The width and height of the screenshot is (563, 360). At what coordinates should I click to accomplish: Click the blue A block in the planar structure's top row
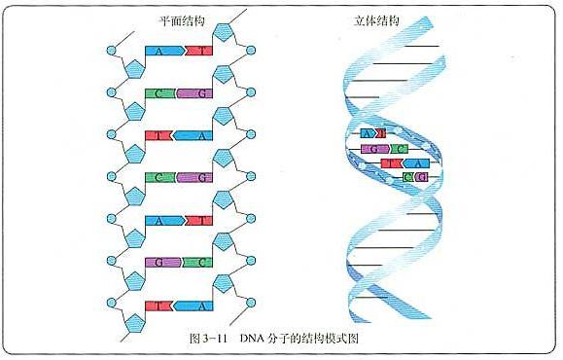(159, 52)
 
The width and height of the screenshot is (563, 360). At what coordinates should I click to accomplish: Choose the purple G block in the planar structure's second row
(198, 93)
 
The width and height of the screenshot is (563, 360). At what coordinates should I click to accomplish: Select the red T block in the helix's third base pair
(391, 163)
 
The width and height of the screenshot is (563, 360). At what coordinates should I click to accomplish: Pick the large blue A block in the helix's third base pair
(416, 163)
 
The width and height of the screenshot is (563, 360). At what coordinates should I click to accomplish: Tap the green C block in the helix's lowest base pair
(408, 178)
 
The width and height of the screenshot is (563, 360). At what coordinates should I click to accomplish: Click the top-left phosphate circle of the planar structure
(112, 51)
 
